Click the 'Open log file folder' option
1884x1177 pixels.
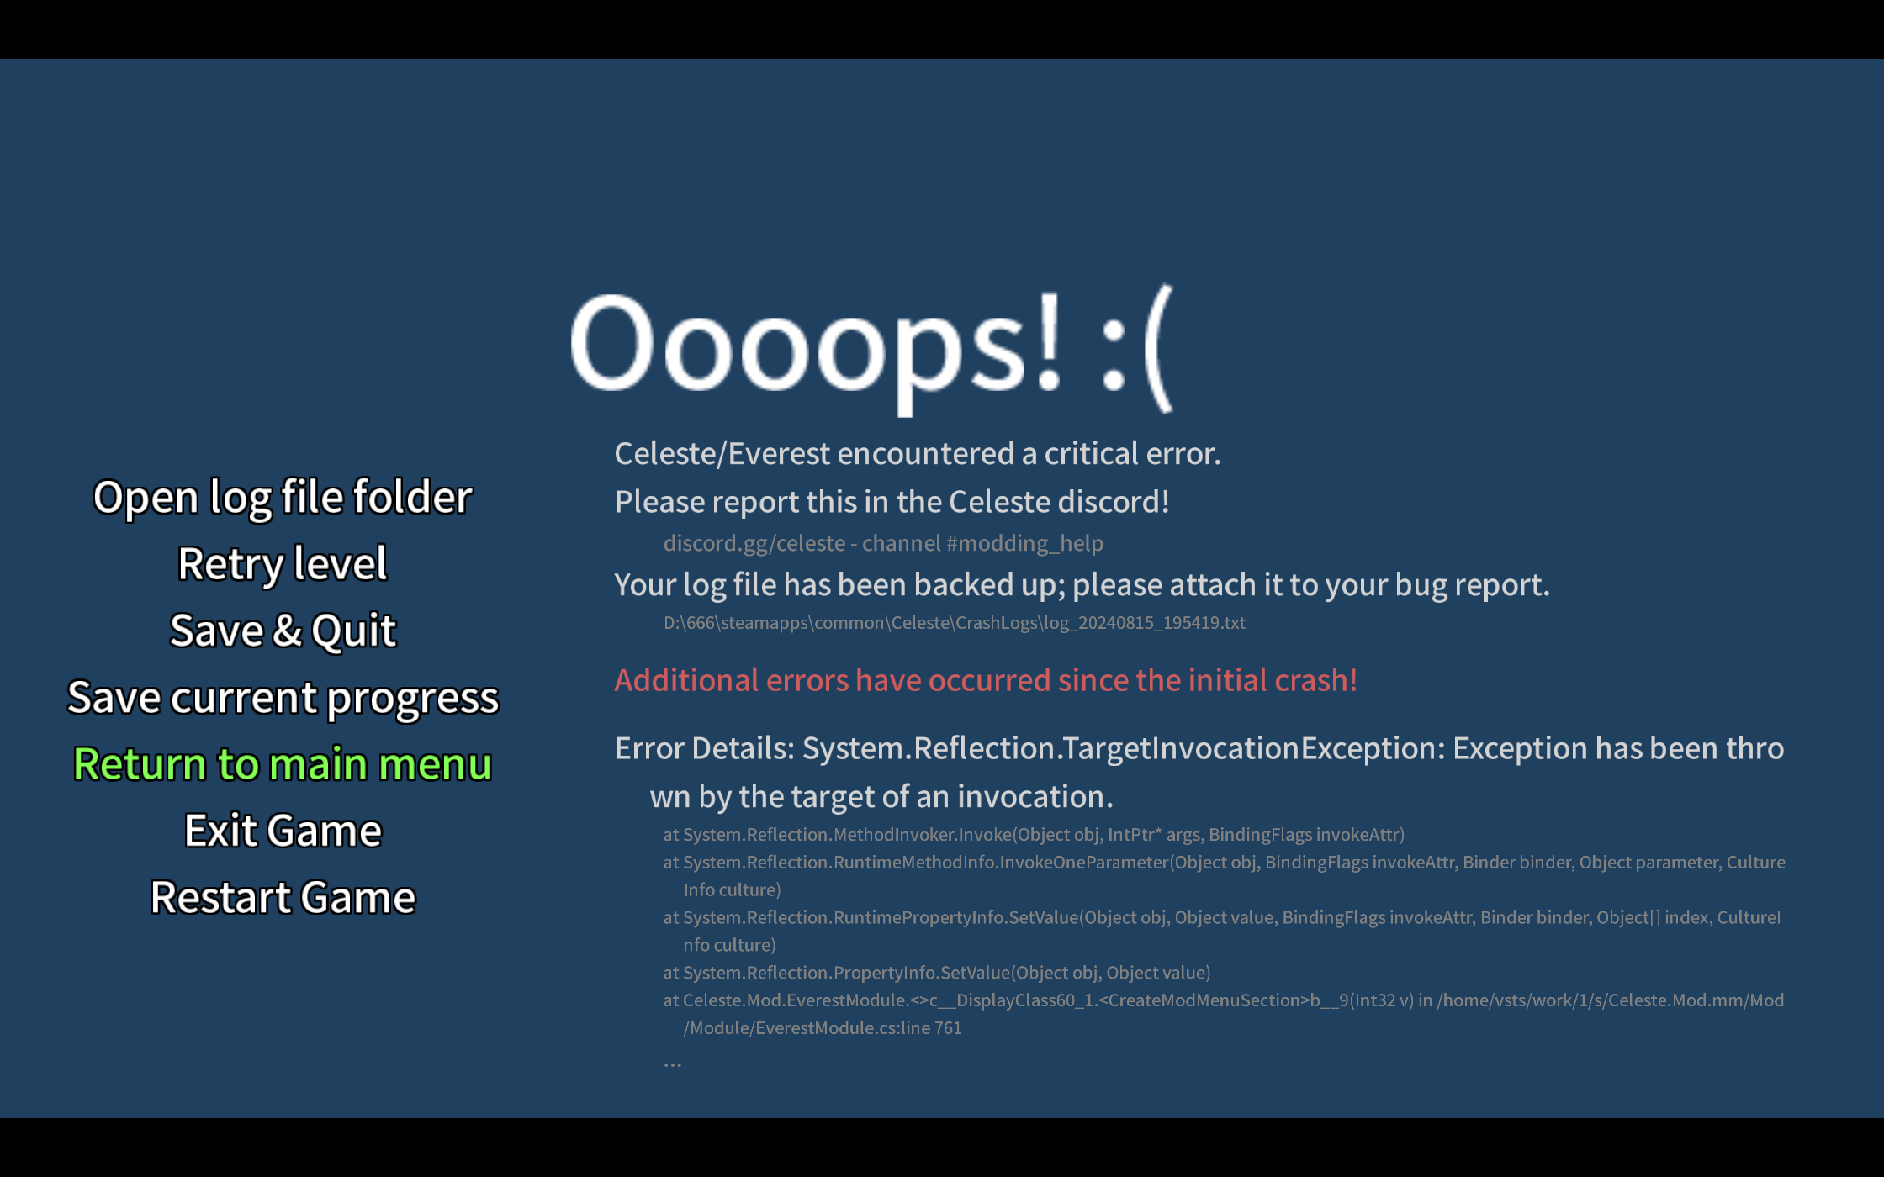(283, 498)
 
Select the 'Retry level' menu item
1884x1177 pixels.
(283, 564)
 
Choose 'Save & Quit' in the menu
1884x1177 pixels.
(283, 631)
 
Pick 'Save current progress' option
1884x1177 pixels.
(283, 698)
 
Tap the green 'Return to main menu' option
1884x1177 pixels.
(283, 764)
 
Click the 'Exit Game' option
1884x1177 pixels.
(283, 831)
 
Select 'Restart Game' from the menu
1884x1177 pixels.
(283, 897)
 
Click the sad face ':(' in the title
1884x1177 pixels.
(1136, 349)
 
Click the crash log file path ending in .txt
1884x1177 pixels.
(955, 623)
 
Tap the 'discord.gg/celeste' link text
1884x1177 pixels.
(754, 543)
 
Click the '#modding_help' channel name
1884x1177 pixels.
(1024, 543)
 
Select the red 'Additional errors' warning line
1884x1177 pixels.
(986, 680)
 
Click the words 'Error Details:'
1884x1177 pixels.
(705, 748)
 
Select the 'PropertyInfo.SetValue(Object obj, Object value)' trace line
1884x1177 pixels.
(937, 973)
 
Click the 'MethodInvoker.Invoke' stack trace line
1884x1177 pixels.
(1034, 835)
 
